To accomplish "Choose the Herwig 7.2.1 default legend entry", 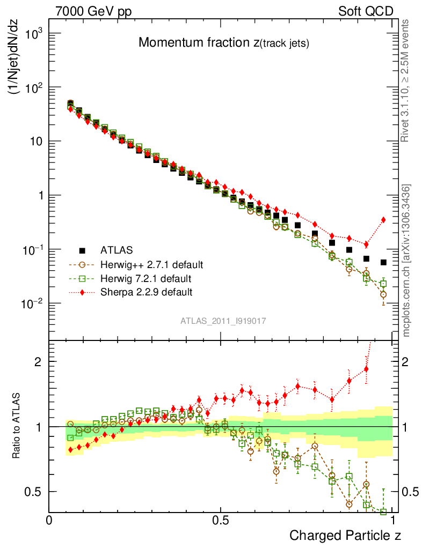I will pyautogui.click(x=146, y=279).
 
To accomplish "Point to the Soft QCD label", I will pyautogui.click(x=366, y=11).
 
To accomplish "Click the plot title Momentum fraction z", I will pyautogui.click(x=223, y=43).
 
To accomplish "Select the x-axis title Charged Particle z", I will pyautogui.click(x=345, y=535).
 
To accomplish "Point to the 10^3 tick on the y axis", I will pyautogui.click(x=31, y=34).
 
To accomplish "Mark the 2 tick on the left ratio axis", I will pyautogui.click(x=38, y=361).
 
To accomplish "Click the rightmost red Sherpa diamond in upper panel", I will pyautogui.click(x=383, y=219).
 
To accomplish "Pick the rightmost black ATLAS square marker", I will pyautogui.click(x=383, y=262).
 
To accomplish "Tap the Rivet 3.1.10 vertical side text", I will pyautogui.click(x=407, y=80).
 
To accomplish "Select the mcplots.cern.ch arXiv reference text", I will pyautogui.click(x=407, y=261).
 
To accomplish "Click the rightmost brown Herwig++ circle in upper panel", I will pyautogui.click(x=383, y=294).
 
